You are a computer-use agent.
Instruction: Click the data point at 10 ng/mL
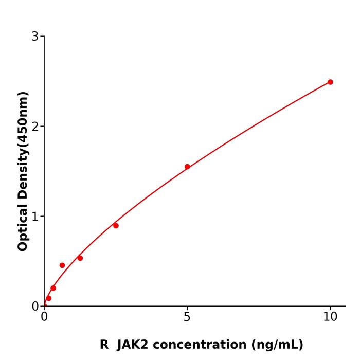pyautogui.click(x=330, y=82)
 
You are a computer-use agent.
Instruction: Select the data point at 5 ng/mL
pyautogui.click(x=187, y=167)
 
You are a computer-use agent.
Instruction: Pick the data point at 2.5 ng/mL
pyautogui.click(x=116, y=226)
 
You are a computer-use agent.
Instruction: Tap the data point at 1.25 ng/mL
pyautogui.click(x=80, y=258)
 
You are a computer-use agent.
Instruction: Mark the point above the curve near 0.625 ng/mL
pyautogui.click(x=62, y=265)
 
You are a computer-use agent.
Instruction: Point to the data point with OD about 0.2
pyautogui.click(x=53, y=288)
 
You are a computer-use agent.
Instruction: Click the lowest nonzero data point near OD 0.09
pyautogui.click(x=48, y=298)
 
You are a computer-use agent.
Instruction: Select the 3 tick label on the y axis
pyautogui.click(x=35, y=37)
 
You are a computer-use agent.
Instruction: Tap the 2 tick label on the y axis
pyautogui.click(x=35, y=127)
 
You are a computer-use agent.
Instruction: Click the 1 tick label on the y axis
pyautogui.click(x=35, y=217)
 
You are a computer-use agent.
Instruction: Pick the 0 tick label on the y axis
pyautogui.click(x=35, y=307)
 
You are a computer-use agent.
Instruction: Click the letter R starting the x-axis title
pyautogui.click(x=104, y=345)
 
